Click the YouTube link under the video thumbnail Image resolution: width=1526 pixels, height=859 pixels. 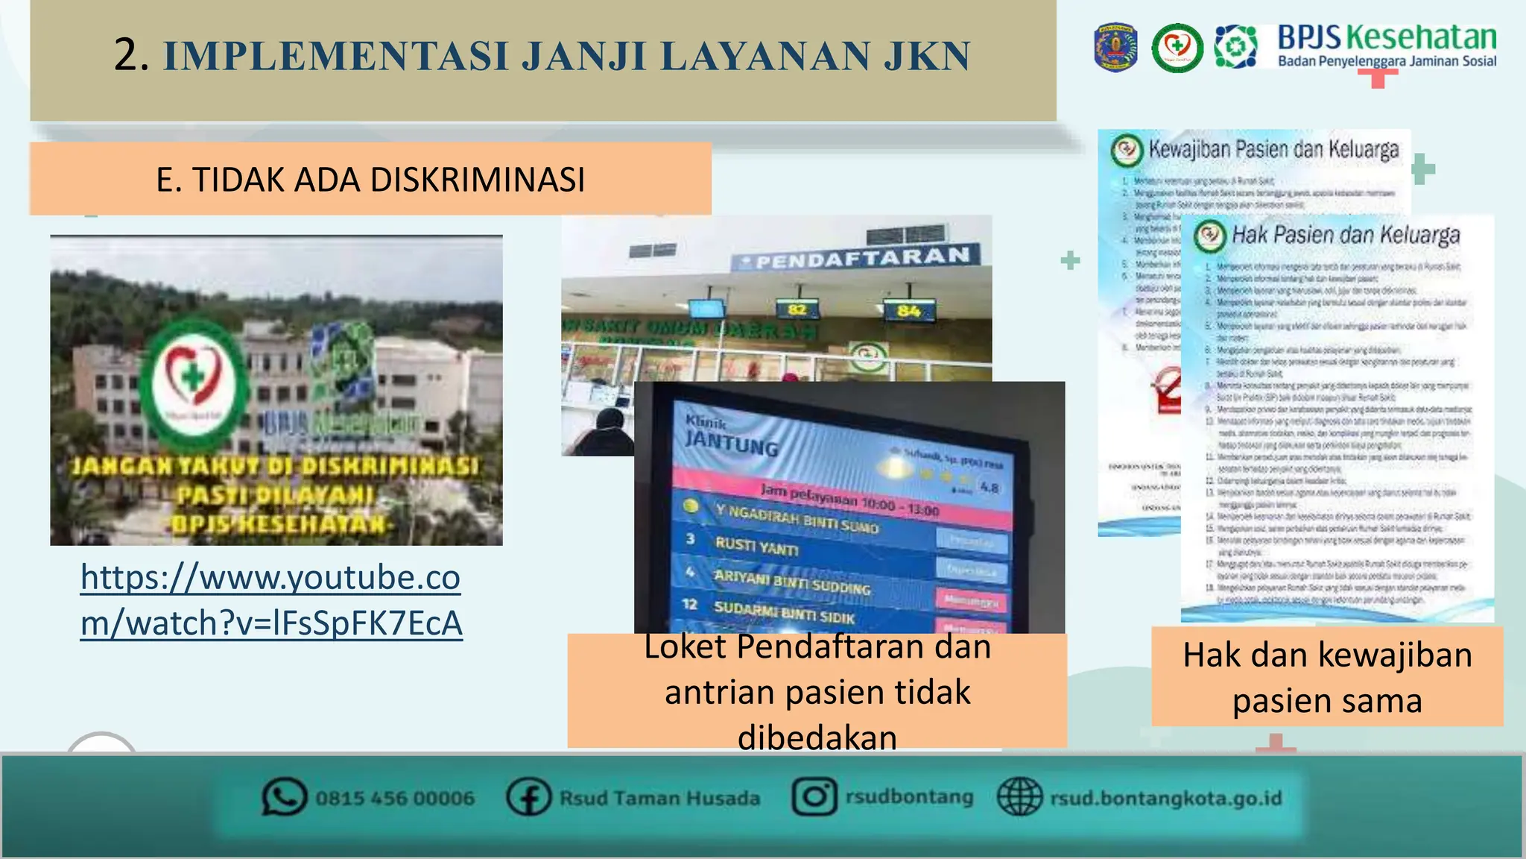pyautogui.click(x=271, y=600)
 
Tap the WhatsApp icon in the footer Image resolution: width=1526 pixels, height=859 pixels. pyautogui.click(x=284, y=797)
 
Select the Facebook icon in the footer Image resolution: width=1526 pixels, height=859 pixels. pyautogui.click(x=528, y=797)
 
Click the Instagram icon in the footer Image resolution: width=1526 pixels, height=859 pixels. pyautogui.click(x=814, y=796)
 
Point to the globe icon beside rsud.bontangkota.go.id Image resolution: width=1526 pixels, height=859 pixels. pyautogui.click(x=1019, y=797)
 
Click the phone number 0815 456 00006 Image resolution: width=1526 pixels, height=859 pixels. pyautogui.click(x=395, y=799)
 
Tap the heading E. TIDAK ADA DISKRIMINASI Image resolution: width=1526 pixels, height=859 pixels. pyautogui.click(x=370, y=180)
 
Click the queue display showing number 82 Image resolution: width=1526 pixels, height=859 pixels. pyautogui.click(x=797, y=309)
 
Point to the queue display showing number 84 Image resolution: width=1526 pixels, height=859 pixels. pyautogui.click(x=908, y=310)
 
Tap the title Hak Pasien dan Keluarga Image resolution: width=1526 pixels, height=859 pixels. pyautogui.click(x=1345, y=236)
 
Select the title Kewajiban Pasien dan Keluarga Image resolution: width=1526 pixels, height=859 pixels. pyautogui.click(x=1273, y=150)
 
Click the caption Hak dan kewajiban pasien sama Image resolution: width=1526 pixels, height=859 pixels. pyautogui.click(x=1327, y=677)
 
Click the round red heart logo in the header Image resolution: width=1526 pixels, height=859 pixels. pyautogui.click(x=1177, y=48)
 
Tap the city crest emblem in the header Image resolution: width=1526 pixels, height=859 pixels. pyautogui.click(x=1115, y=48)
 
